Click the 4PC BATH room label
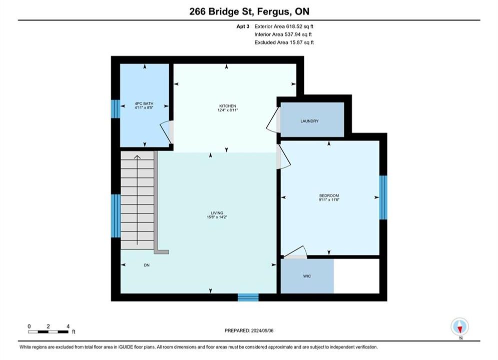click(144, 103)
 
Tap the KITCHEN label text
click(228, 106)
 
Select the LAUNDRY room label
click(309, 121)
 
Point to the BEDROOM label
click(329, 195)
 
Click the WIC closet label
click(307, 276)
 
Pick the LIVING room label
click(217, 213)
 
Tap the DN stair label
click(147, 265)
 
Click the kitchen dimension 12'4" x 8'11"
click(228, 110)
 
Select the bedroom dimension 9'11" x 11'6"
click(329, 200)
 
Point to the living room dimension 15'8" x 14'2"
click(217, 217)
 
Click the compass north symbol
click(459, 326)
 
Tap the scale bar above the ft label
click(48, 332)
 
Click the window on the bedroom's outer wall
click(383, 197)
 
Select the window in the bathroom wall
click(116, 109)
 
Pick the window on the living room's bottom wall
click(248, 297)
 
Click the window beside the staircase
click(116, 215)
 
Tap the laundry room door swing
click(272, 120)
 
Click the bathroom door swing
click(166, 131)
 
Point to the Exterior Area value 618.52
click(294, 26)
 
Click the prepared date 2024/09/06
click(262, 330)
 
